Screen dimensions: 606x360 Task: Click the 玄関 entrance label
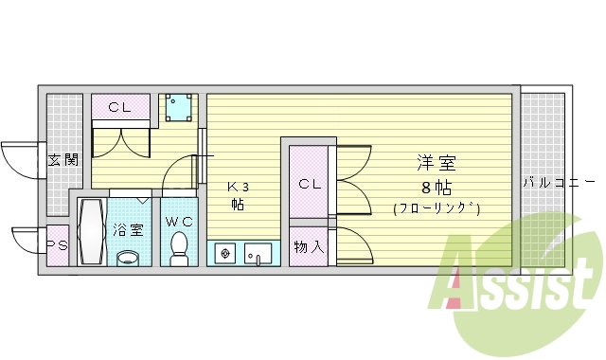[62, 158]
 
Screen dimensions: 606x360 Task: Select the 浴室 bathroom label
[129, 229]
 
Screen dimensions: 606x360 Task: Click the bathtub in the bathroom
[92, 231]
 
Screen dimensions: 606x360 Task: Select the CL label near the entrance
[119, 107]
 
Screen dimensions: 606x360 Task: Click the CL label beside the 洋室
[311, 184]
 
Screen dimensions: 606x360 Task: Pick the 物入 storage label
[309, 247]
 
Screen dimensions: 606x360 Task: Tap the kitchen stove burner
[225, 254]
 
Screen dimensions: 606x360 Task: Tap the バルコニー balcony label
[557, 181]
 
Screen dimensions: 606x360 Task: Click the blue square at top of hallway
[178, 110]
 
